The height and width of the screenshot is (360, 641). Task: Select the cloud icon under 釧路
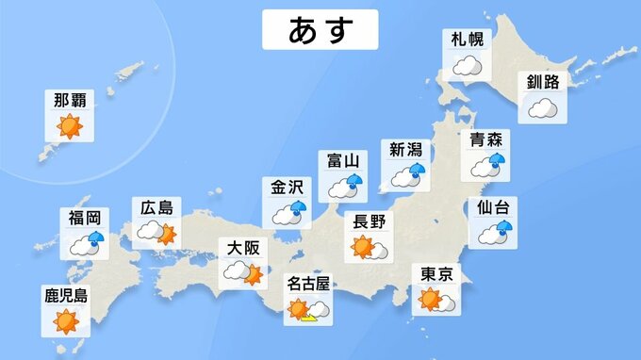(x=543, y=107)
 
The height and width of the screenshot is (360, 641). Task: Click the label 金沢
(x=288, y=186)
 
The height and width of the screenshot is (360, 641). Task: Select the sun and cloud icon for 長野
(x=369, y=248)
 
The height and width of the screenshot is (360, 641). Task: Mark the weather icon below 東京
(x=436, y=301)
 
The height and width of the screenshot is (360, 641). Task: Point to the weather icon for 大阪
(x=240, y=274)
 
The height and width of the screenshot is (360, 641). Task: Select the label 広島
(x=155, y=207)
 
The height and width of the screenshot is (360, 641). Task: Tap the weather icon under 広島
(x=156, y=231)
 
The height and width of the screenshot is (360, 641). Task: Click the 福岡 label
(x=83, y=218)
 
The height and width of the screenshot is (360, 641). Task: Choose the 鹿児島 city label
(x=66, y=296)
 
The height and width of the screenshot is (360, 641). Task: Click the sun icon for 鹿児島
(x=66, y=321)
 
